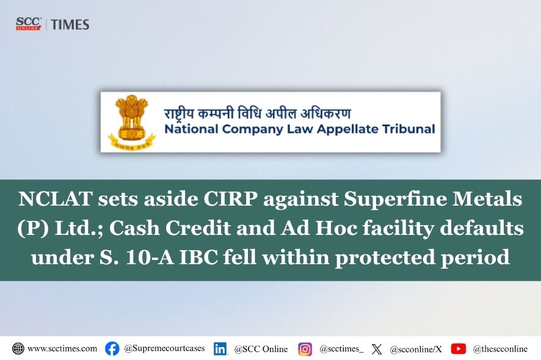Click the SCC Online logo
(x=29, y=24)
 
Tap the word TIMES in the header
(x=70, y=24)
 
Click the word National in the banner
(x=192, y=129)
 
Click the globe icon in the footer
(x=18, y=348)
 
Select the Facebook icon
(x=112, y=348)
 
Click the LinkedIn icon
(x=220, y=349)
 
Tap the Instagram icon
(x=305, y=349)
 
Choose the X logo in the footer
(x=377, y=349)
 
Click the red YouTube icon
(x=458, y=348)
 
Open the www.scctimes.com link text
(x=62, y=348)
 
